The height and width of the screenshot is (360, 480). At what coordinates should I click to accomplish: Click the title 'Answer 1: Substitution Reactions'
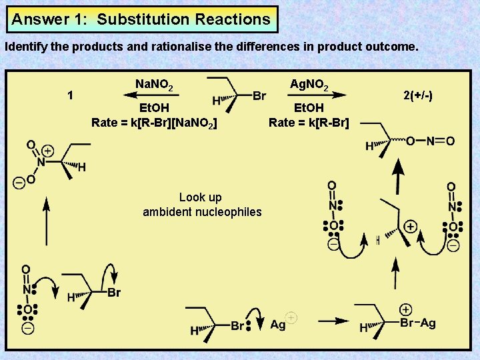[x=141, y=19]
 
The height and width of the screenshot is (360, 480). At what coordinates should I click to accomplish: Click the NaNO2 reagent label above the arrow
[x=155, y=85]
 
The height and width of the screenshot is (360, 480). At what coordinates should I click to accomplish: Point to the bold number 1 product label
[x=71, y=95]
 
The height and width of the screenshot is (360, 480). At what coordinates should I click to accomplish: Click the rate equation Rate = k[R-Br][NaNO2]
[x=153, y=122]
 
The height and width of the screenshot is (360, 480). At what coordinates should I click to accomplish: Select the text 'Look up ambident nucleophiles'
[x=202, y=205]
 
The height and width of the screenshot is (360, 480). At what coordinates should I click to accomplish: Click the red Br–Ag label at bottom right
[x=418, y=323]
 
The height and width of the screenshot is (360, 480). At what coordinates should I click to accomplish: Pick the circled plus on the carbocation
[x=410, y=227]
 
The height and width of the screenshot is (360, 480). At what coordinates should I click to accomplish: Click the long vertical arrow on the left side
[x=46, y=223]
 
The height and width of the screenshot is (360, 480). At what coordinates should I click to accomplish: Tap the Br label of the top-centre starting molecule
[x=259, y=97]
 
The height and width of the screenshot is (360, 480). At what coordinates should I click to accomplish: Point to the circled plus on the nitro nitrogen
[x=48, y=151]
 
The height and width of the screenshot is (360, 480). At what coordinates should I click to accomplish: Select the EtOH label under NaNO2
[x=154, y=108]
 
